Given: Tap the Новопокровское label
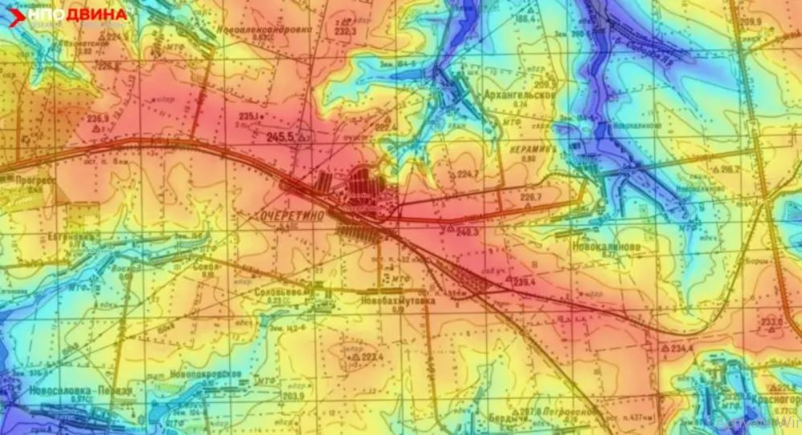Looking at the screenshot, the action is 206,375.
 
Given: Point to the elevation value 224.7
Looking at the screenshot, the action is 468,174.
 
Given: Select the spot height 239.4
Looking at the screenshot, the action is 524,281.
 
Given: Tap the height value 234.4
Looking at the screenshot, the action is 681,347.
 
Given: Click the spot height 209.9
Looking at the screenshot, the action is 752,22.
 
